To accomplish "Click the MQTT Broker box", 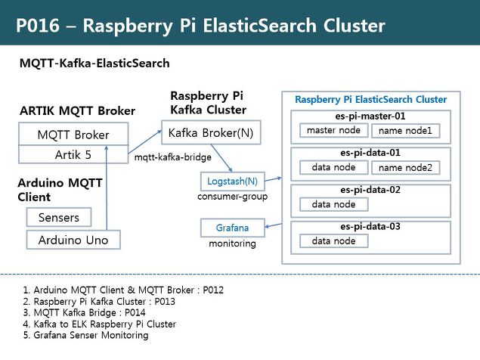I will click(73, 135).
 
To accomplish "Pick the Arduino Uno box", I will click(73, 241).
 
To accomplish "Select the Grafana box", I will click(232, 227).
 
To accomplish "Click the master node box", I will click(333, 131).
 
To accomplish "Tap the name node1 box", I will click(405, 131).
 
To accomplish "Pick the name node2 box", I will click(405, 167).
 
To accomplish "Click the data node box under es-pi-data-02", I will click(333, 204).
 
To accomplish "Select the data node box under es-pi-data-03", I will click(333, 241).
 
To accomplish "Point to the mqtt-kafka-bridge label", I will click(166, 159).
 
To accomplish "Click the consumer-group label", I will click(231, 197).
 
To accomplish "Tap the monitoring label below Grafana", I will click(232, 244).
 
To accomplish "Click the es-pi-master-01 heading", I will click(370, 116).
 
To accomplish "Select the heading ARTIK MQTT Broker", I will click(77, 111).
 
